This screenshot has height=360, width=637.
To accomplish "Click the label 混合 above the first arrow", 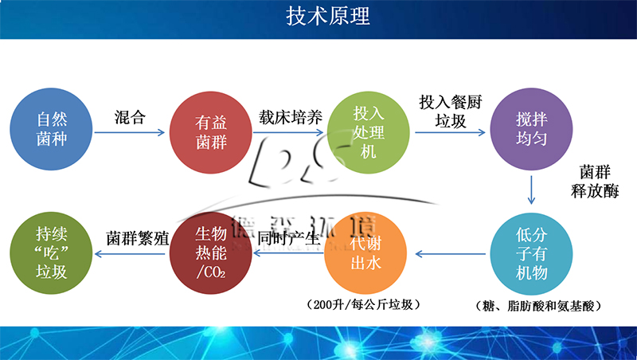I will [x=130, y=117].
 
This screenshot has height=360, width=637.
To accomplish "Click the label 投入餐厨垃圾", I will [x=451, y=112].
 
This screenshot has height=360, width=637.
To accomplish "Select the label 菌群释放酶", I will [x=600, y=182].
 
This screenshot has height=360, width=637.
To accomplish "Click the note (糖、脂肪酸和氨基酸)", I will [x=536, y=305].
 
